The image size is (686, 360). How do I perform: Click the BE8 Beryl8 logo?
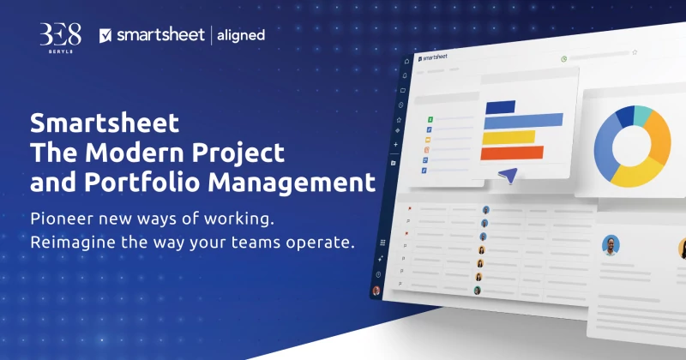point(60,38)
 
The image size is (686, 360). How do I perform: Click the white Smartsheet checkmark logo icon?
point(105,35)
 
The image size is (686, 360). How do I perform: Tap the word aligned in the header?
point(241,35)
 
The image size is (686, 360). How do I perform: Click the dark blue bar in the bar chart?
point(501,107)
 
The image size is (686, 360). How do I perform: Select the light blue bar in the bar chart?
point(523,121)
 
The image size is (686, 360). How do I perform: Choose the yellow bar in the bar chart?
point(508,137)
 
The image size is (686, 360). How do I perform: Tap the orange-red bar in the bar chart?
point(512,153)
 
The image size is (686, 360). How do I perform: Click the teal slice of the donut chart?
point(643,115)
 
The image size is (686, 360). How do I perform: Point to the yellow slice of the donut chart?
point(636,173)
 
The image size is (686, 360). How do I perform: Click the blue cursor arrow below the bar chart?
point(508,175)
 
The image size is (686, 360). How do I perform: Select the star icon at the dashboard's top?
point(635,52)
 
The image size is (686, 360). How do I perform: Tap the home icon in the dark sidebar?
point(406,61)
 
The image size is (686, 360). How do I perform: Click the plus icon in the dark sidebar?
point(395,144)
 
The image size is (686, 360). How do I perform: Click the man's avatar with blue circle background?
point(611,245)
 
